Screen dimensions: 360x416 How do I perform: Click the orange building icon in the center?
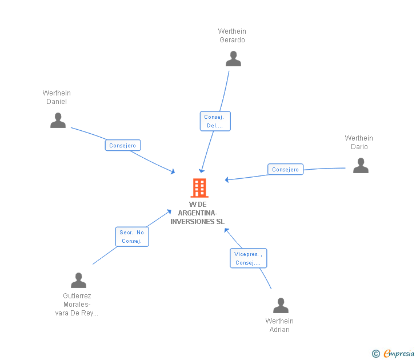(199, 187)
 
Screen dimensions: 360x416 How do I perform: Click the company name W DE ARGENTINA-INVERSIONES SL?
(198, 213)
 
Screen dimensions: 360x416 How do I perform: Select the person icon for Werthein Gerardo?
(233, 59)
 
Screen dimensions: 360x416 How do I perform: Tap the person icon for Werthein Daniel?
(58, 120)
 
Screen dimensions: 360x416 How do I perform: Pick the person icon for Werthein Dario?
(361, 166)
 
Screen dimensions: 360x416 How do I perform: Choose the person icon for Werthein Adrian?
(281, 306)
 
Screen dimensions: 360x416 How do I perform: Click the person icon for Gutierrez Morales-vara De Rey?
(78, 281)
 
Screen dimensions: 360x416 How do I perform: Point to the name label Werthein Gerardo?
(232, 35)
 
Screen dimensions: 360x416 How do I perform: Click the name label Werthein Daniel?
(57, 97)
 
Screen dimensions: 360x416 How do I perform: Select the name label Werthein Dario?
(359, 142)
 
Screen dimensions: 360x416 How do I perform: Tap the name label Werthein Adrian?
(279, 325)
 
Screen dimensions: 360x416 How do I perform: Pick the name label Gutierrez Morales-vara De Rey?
(77, 305)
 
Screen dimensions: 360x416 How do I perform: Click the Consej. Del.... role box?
(215, 121)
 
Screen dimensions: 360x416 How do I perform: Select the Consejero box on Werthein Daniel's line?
(123, 145)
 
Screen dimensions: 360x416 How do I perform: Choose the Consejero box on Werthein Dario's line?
(286, 169)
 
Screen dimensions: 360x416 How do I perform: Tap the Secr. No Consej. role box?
(132, 237)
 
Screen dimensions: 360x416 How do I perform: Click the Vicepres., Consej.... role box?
(249, 258)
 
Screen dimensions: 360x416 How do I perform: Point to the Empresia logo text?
(399, 353)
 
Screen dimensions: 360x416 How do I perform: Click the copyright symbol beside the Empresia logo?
(376, 354)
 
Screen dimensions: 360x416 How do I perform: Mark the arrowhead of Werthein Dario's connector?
(227, 179)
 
